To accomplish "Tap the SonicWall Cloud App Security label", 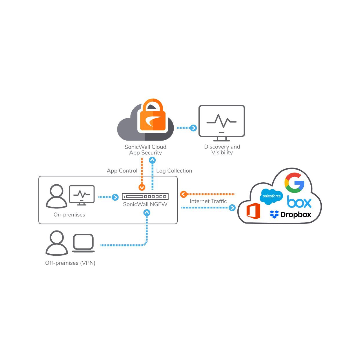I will pyautogui.click(x=145, y=150).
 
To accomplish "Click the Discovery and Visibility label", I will pyautogui.click(x=222, y=150).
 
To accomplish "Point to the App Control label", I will pyautogui.click(x=122, y=171).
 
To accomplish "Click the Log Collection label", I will pyautogui.click(x=174, y=171).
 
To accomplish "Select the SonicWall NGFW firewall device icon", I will pyautogui.click(x=145, y=197).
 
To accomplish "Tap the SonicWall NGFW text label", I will pyautogui.click(x=145, y=204).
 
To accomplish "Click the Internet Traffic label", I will pyautogui.click(x=208, y=201).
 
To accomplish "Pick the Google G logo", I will pyautogui.click(x=294, y=183).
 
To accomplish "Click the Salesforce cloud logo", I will pyautogui.click(x=271, y=196).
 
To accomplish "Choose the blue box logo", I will pyautogui.click(x=299, y=202).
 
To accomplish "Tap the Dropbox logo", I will pyautogui.click(x=290, y=214).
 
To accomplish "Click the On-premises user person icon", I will pyautogui.click(x=56, y=196).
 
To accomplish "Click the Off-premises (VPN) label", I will pyautogui.click(x=70, y=263).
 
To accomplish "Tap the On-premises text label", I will pyautogui.click(x=69, y=215).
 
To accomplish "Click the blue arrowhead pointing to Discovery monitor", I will pyautogui.click(x=193, y=128).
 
